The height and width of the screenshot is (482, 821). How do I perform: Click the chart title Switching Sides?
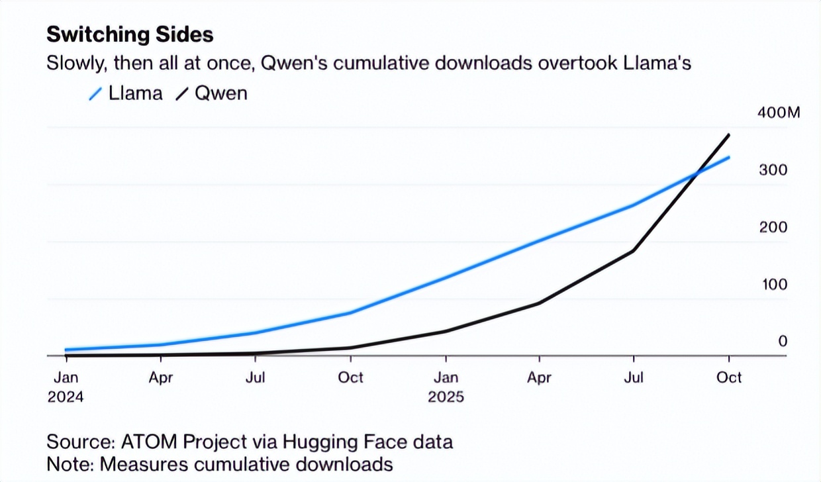[130, 34]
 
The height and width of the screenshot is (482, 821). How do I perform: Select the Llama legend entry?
[126, 93]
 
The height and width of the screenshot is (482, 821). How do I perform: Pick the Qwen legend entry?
[211, 93]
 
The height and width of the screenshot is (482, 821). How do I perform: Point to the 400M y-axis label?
[779, 113]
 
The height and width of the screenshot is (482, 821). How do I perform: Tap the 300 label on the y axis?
[773, 170]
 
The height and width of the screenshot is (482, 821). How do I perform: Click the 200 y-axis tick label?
[773, 228]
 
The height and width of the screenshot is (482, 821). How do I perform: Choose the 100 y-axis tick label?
[773, 285]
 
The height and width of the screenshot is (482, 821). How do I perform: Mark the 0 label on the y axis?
[783, 342]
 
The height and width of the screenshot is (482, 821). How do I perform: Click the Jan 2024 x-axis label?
[66, 387]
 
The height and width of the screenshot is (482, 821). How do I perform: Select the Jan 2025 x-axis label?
[446, 387]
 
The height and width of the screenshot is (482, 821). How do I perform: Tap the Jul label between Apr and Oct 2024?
[256, 377]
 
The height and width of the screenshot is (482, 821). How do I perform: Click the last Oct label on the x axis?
[729, 377]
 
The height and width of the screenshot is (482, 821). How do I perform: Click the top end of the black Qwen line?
[729, 135]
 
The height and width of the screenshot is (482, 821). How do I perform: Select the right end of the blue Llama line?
[729, 158]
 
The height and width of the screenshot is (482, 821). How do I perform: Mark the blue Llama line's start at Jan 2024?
[66, 350]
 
